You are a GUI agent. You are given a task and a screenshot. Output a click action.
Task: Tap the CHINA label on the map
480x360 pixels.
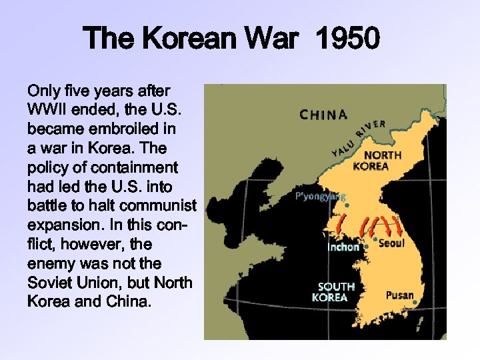(323, 115)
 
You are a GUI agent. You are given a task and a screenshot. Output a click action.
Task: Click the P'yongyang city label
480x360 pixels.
(321, 196)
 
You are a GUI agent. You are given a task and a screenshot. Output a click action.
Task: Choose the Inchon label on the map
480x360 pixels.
(343, 247)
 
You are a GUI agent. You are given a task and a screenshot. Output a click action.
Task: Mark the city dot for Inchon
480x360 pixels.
(366, 247)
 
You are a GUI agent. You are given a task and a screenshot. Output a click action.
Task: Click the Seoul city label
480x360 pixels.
(391, 243)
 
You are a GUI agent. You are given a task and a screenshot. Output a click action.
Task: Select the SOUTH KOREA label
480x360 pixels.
(336, 292)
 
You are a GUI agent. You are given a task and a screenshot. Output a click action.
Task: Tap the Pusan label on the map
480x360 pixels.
(400, 295)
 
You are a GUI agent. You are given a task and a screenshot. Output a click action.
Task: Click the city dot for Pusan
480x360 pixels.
(415, 303)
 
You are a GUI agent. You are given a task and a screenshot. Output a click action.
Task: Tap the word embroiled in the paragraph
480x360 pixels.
(129, 127)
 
